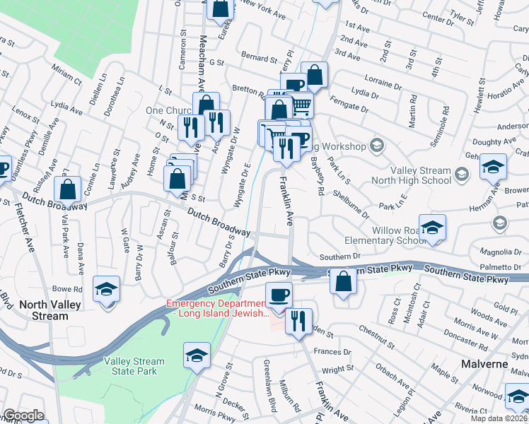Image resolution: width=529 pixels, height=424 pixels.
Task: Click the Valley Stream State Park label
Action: coord(134,366)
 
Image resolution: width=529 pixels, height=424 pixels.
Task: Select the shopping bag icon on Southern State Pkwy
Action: coord(343,281)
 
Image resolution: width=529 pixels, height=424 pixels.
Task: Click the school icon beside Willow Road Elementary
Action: coord(432,228)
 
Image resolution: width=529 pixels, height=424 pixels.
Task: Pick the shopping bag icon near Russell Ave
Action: coord(68,189)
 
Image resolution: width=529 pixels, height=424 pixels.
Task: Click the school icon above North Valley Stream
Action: coord(107,289)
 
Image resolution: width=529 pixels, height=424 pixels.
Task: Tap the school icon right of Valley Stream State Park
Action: coord(197,355)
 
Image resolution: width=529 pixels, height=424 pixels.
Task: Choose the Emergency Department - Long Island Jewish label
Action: coord(216,308)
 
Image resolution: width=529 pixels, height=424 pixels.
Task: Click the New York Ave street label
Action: coord(262,8)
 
